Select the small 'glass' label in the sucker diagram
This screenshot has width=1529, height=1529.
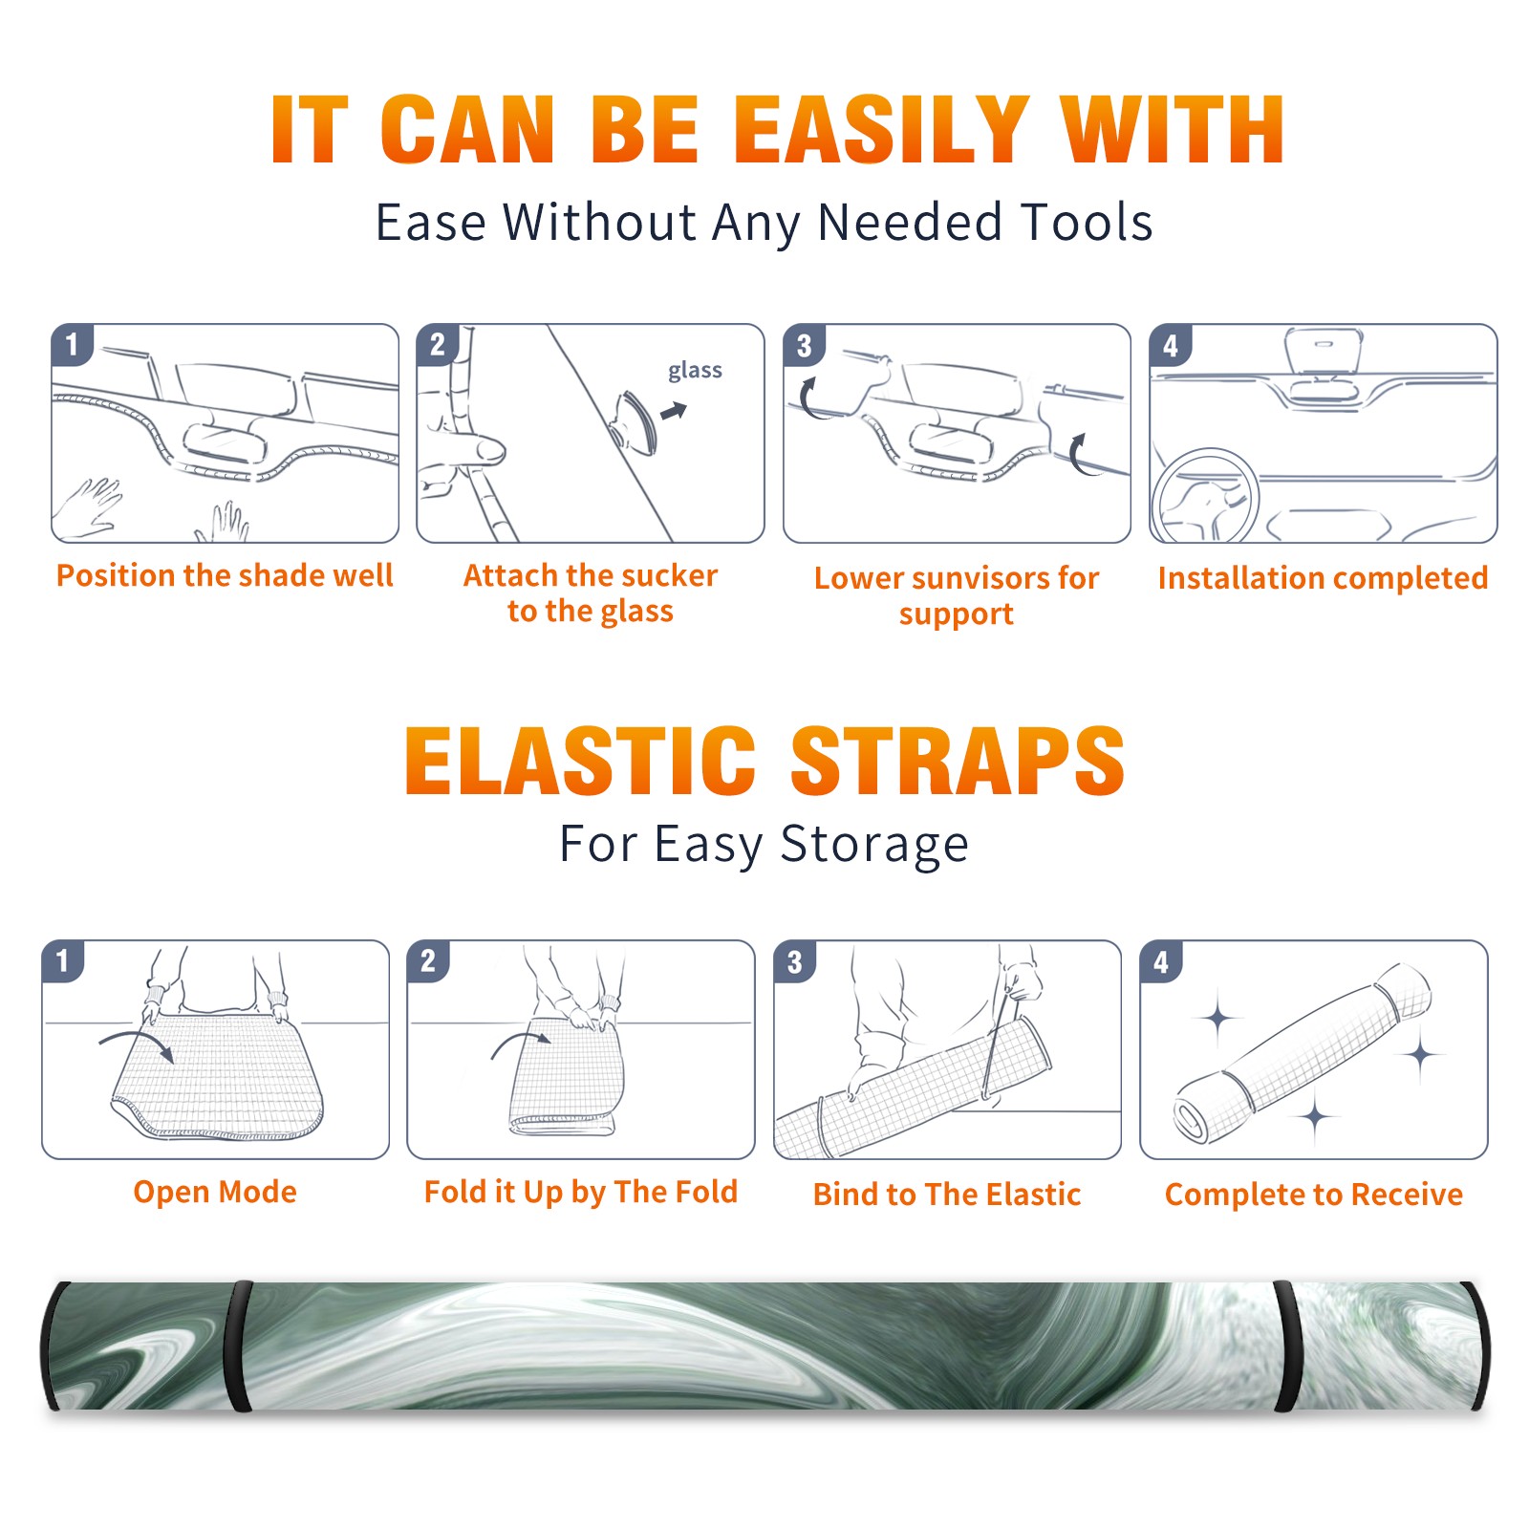(695, 370)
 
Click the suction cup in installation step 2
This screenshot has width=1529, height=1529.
(635, 421)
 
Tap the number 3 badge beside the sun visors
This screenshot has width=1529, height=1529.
(804, 346)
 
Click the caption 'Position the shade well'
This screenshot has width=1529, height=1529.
(225, 575)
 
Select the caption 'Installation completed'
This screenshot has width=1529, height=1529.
(1323, 578)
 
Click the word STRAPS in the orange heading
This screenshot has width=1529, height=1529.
(958, 761)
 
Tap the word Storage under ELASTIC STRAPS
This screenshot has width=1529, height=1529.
(874, 845)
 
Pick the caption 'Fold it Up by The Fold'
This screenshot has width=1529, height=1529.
(581, 1193)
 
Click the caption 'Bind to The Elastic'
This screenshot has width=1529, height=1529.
(947, 1195)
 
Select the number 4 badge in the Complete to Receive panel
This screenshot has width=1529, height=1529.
(1160, 961)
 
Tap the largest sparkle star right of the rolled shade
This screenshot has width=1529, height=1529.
(1421, 1055)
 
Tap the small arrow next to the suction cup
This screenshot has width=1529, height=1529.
(675, 411)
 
